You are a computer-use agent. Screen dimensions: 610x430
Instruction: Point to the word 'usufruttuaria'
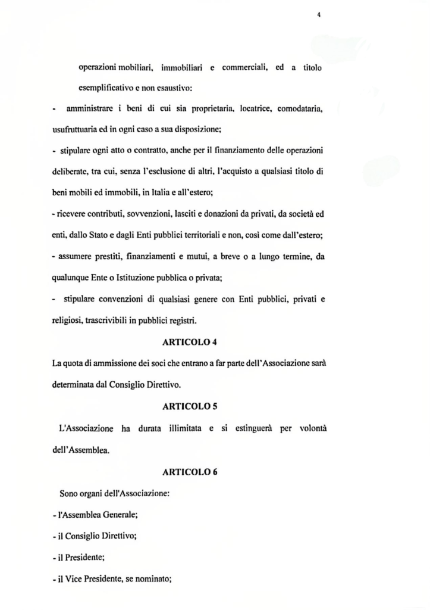(70, 129)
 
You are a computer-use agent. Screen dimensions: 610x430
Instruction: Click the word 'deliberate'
(66, 170)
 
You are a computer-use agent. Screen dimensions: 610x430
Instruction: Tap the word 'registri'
(184, 320)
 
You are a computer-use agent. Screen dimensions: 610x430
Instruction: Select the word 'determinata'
(70, 385)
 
